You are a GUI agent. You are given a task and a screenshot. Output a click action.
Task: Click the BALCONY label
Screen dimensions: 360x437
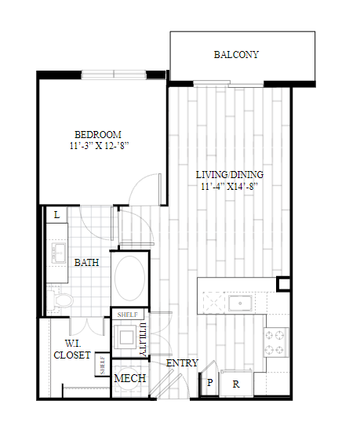236,55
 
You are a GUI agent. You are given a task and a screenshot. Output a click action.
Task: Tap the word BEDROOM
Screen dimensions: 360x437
98,135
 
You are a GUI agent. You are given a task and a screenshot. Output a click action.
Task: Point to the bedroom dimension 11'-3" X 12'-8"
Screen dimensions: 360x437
99,145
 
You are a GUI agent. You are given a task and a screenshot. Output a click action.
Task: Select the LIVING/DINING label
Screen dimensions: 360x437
230,175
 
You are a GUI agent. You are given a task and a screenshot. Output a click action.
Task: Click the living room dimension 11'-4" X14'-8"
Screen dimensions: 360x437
230,186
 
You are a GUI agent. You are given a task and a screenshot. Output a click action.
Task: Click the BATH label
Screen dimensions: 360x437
86,263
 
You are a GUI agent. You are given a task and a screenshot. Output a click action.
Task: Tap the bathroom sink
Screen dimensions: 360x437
59,253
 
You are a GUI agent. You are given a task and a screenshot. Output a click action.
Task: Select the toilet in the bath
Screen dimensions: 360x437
60,300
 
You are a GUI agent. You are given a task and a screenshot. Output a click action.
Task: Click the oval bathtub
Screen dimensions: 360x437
130,279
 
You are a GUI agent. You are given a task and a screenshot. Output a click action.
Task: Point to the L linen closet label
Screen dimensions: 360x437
56,215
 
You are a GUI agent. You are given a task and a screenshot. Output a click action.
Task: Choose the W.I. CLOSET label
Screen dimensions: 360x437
72,349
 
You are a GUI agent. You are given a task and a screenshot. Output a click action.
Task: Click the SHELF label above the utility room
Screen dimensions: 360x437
128,315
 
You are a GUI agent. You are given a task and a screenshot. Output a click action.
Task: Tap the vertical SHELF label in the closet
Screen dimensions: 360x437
102,365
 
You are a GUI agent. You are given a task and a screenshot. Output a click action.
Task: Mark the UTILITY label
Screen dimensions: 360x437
143,340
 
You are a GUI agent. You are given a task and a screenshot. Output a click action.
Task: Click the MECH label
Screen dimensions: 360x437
130,378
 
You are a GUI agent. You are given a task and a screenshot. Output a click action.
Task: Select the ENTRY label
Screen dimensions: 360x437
182,363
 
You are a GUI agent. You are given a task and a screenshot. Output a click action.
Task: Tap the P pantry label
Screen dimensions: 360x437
210,382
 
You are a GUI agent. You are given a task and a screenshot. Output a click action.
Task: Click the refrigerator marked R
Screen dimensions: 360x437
236,383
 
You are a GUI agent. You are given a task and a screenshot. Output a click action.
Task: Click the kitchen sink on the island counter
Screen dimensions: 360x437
240,303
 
